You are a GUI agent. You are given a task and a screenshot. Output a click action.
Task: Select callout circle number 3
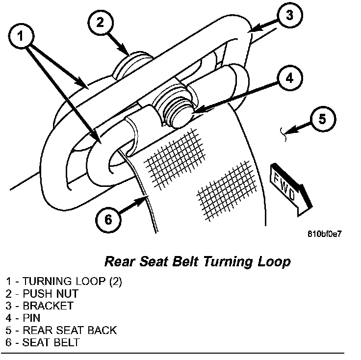(289, 15)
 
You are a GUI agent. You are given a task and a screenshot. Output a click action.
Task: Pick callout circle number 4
(289, 77)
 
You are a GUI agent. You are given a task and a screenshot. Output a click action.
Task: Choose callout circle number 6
(108, 219)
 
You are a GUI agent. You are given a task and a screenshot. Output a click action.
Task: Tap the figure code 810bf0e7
(324, 234)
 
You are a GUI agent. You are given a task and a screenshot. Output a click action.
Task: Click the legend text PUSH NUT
(51, 294)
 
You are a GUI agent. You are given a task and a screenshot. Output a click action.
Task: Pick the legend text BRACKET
(48, 306)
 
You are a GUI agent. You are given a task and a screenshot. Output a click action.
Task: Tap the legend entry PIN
(31, 318)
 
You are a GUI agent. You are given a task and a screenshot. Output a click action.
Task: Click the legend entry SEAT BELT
(51, 343)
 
